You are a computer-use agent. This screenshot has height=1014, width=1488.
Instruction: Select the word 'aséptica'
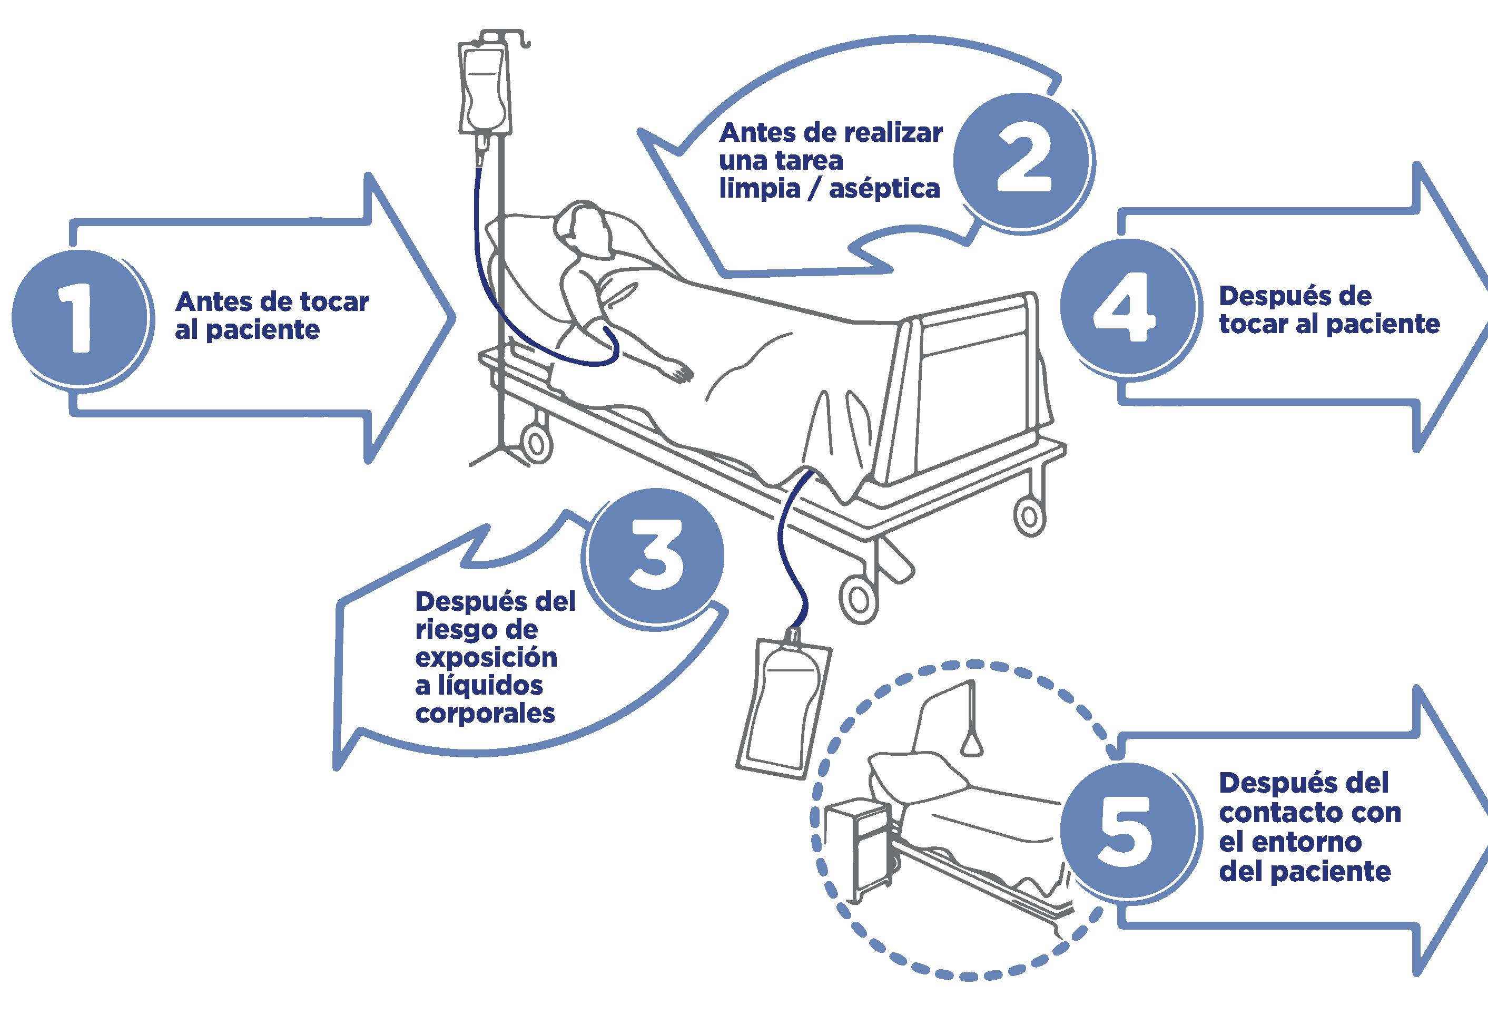(x=885, y=189)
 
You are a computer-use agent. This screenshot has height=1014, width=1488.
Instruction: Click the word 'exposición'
(x=486, y=658)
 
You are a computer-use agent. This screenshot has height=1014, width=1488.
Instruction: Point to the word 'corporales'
(x=485, y=714)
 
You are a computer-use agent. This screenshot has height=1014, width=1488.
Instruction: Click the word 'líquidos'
(x=488, y=686)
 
